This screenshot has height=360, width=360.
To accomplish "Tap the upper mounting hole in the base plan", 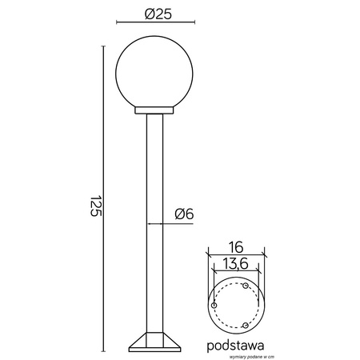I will click(246, 286).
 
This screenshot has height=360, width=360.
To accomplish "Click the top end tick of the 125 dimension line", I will click(103, 46).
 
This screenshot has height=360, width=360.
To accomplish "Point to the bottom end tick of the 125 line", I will click(103, 351).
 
